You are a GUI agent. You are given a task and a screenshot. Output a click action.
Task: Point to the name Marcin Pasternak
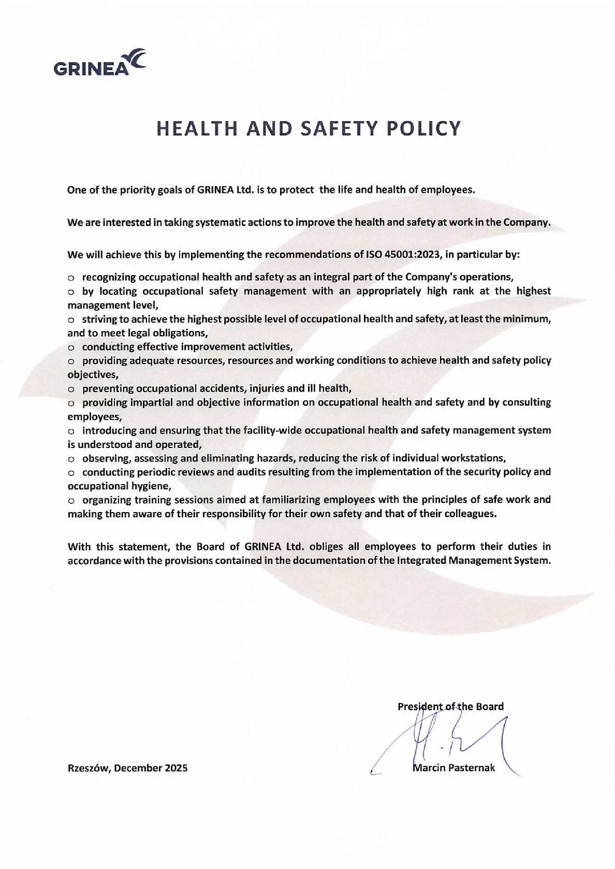click(454, 768)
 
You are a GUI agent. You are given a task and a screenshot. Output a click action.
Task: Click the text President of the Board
click(450, 706)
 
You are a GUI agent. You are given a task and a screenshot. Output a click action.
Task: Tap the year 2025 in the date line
click(176, 768)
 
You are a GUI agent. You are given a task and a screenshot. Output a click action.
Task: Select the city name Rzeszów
click(88, 768)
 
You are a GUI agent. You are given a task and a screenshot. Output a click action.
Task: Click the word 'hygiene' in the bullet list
click(152, 486)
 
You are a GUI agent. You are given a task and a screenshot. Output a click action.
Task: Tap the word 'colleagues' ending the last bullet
click(471, 514)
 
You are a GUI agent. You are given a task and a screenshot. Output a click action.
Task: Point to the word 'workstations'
click(476, 458)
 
